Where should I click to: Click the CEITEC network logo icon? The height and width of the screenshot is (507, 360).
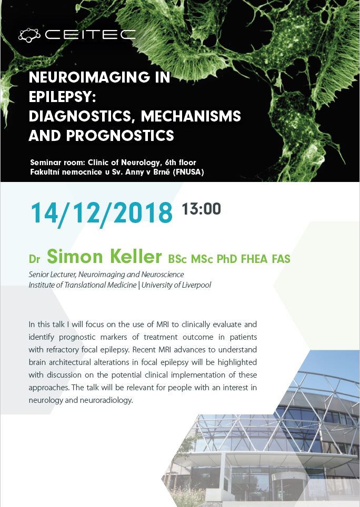29,35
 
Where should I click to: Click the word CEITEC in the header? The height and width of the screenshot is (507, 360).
90,35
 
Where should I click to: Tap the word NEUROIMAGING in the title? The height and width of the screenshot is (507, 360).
89,77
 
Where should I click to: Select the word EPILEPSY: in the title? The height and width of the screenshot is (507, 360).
63,96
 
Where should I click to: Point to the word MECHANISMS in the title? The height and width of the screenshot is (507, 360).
191,116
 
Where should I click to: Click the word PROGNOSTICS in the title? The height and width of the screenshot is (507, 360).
121,136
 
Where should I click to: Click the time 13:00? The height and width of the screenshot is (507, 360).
201,209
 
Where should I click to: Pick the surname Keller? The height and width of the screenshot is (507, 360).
135,257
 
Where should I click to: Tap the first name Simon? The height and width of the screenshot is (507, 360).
75,257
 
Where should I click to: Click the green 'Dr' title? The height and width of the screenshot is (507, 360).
34,259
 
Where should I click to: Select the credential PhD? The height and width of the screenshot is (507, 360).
227,259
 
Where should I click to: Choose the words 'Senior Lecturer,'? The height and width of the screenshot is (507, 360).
53,275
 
